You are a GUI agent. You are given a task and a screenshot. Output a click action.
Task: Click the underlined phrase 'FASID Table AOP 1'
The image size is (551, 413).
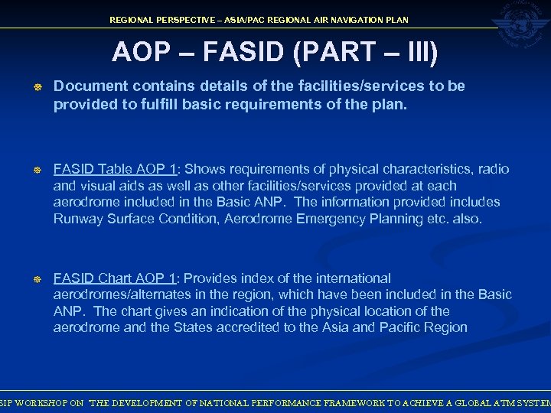point(115,169)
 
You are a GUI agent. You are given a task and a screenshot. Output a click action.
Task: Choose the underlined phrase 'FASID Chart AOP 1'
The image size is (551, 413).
point(115,278)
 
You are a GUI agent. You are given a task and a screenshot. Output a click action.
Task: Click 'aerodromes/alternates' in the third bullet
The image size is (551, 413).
point(115,294)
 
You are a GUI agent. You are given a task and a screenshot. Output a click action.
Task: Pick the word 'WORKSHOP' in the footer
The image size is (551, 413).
point(39,402)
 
